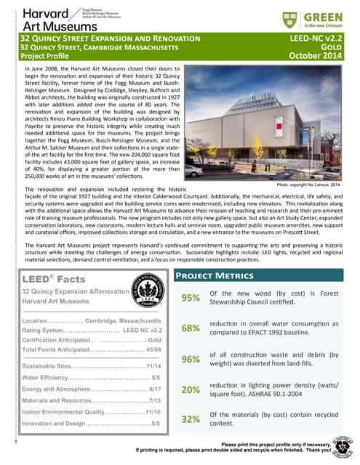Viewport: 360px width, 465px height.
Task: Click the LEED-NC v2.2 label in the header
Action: tap(316, 36)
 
